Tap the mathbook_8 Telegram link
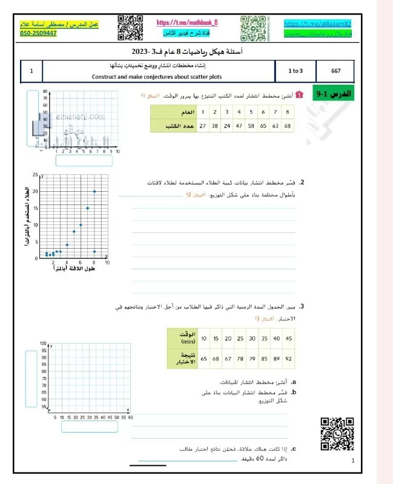point(187,23)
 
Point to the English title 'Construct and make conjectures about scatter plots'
point(153,76)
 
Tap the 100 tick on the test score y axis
point(42,344)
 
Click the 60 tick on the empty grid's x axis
point(130,417)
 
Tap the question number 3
point(301,307)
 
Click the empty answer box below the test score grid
point(90,427)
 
